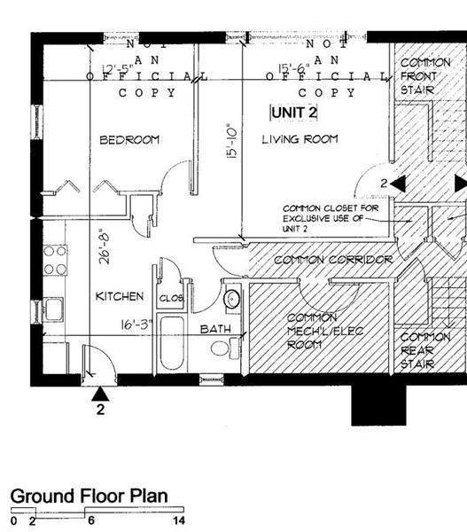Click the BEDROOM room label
click(128, 140)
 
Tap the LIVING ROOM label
click(296, 140)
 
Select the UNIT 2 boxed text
click(294, 113)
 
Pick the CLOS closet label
click(171, 299)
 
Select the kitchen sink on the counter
click(50, 309)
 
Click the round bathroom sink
click(231, 299)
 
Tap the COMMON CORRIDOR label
click(320, 261)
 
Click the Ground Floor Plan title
click(88, 497)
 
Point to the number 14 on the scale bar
click(179, 521)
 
